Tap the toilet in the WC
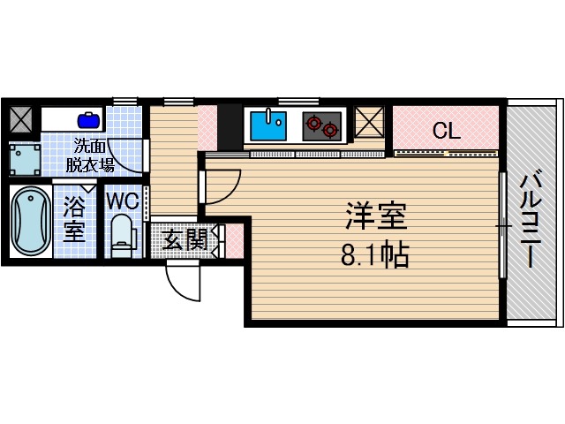pyautogui.click(x=121, y=234)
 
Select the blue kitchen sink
pyautogui.click(x=267, y=125)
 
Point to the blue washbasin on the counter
pyautogui.click(x=88, y=118)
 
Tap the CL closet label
pyautogui.click(x=446, y=132)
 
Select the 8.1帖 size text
pyautogui.click(x=374, y=256)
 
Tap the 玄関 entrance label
pyautogui.click(x=186, y=238)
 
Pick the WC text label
pyautogui.click(x=121, y=201)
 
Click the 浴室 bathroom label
pyautogui.click(x=74, y=222)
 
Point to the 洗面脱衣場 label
pyautogui.click(x=93, y=155)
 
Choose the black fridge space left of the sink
pyautogui.click(x=229, y=125)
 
